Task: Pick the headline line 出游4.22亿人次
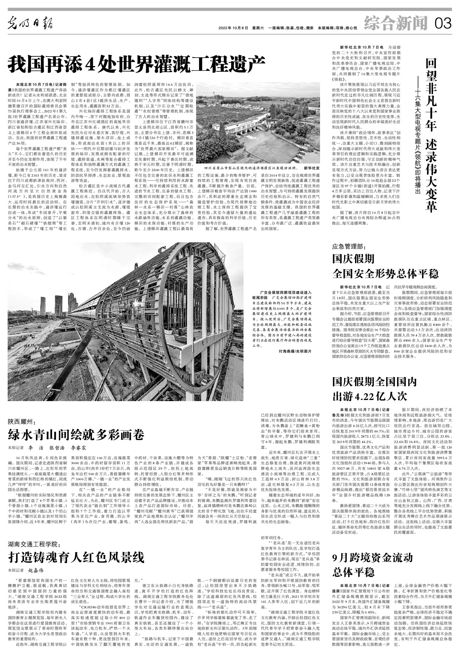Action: (369, 396)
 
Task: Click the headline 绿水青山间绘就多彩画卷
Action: (76, 435)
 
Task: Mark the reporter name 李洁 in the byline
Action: (35, 447)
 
